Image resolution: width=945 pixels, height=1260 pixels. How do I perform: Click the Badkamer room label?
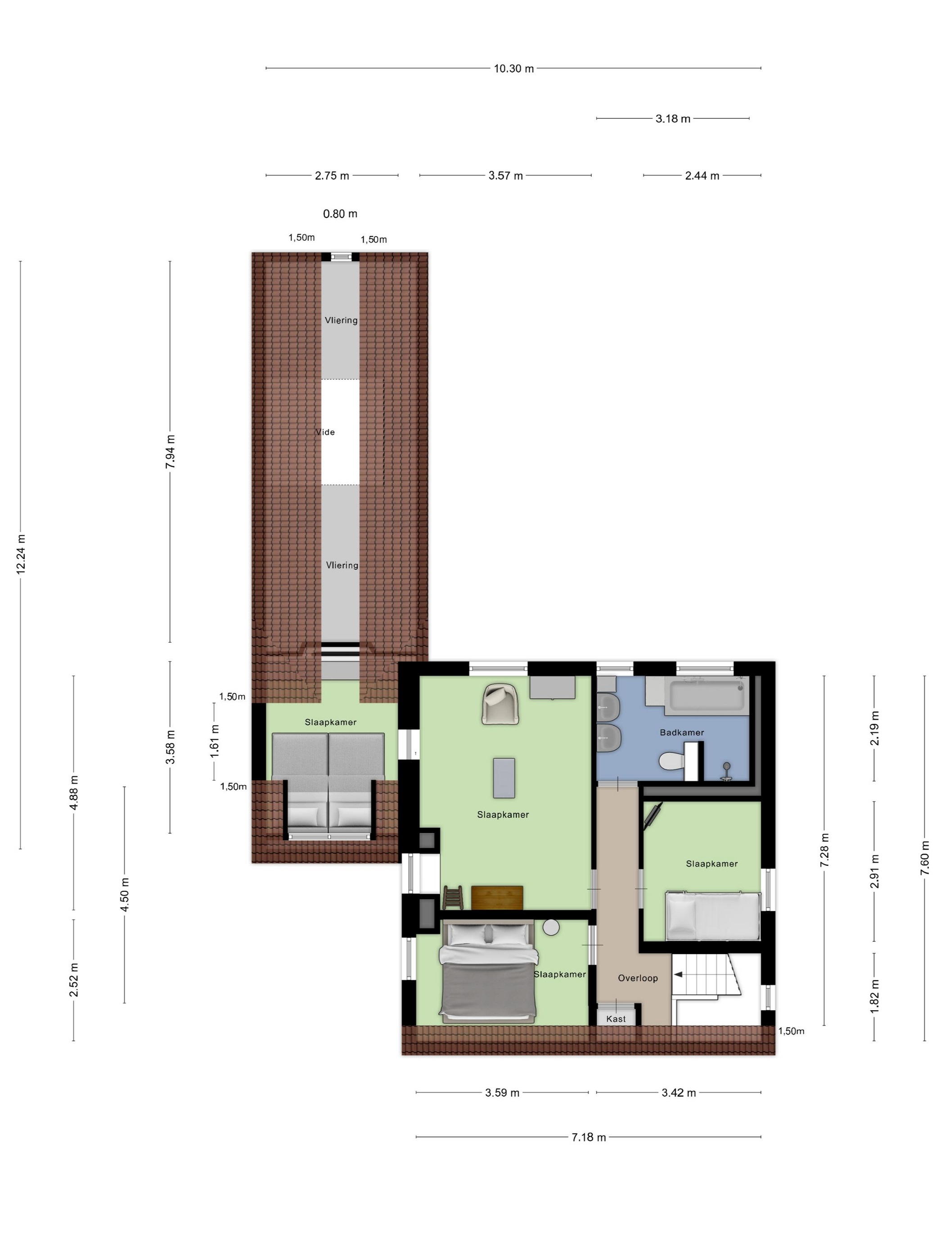click(681, 733)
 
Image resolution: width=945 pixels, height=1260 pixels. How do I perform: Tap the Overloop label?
click(637, 978)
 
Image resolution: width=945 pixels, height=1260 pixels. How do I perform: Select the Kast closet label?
click(616, 1019)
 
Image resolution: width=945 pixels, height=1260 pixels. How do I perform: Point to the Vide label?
click(325, 432)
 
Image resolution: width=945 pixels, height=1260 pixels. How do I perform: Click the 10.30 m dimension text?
click(514, 68)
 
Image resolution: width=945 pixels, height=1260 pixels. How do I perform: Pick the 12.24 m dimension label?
click(21, 553)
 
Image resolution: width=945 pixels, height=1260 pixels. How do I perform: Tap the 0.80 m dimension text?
click(340, 214)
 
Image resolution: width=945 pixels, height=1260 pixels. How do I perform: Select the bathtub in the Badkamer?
click(706, 695)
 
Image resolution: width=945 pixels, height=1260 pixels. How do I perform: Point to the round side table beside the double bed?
click(551, 927)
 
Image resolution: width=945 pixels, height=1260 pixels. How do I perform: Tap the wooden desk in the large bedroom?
click(497, 898)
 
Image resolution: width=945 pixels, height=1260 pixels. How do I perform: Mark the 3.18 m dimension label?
click(673, 118)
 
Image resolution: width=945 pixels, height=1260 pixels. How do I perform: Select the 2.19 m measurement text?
click(875, 728)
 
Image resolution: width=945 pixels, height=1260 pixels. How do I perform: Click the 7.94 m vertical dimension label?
click(170, 452)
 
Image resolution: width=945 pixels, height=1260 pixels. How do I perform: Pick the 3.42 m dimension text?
click(679, 1093)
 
